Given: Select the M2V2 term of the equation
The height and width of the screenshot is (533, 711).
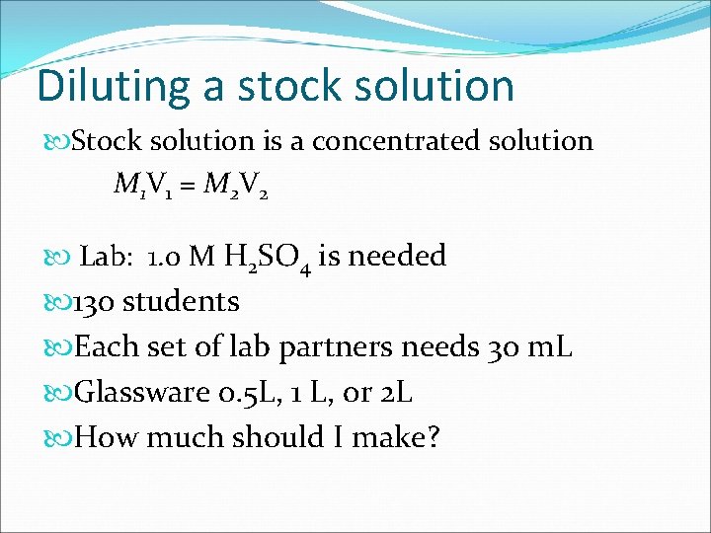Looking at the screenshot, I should [x=234, y=185].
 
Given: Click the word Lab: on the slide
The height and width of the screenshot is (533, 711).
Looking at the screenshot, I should [x=108, y=258].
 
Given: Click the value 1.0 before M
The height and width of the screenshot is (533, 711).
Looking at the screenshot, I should [x=164, y=258].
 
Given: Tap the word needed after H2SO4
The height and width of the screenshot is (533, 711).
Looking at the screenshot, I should [x=399, y=257].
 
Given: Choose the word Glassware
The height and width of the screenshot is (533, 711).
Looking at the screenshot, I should [x=143, y=393].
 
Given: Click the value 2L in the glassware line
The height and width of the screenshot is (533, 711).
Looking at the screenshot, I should [x=395, y=393].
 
